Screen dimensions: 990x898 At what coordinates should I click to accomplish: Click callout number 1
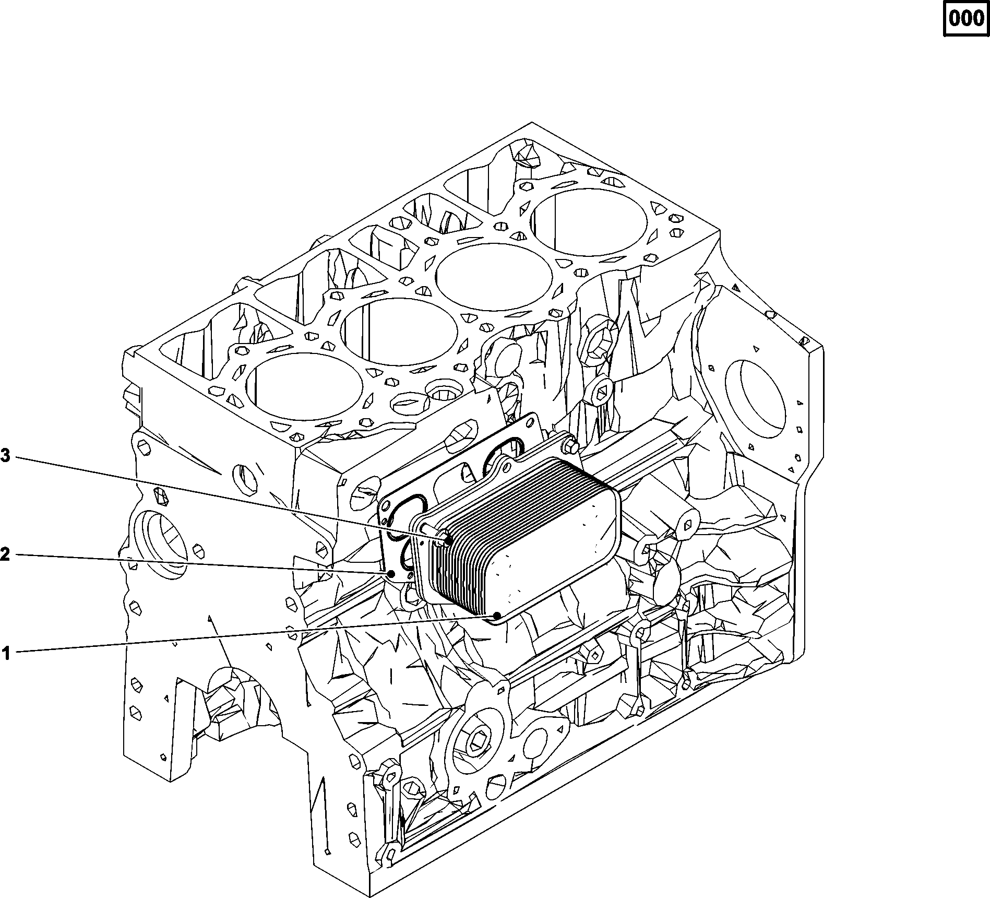[6, 653]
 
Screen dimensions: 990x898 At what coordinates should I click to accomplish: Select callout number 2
[5, 554]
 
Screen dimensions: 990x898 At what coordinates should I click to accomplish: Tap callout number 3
[5, 456]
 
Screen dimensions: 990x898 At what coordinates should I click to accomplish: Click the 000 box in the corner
[966, 19]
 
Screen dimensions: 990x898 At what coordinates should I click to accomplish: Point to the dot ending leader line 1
[497, 616]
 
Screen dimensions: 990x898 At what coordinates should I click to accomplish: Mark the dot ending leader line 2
[390, 574]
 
